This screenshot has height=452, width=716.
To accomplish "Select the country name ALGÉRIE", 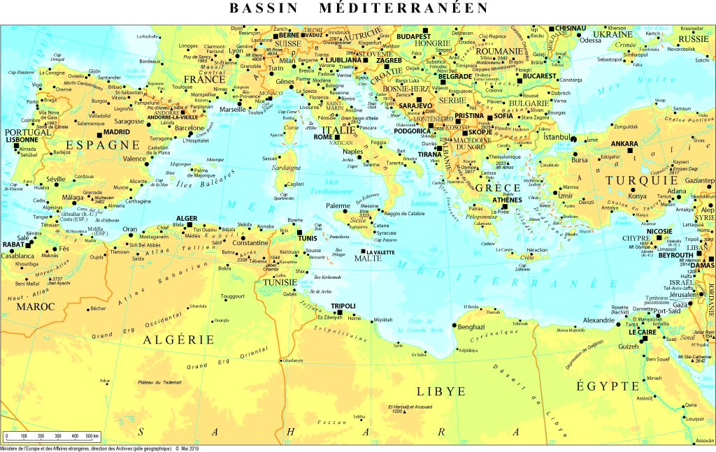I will pos(178,340).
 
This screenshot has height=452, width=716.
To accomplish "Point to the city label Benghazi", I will pos(472,326).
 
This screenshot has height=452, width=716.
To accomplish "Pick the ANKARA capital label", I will pos(605,144).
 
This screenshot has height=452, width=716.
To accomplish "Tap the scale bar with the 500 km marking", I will pos(52,436).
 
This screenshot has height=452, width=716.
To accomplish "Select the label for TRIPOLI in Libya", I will pos(343,306).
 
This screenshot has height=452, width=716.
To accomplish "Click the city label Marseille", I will pos(232,110).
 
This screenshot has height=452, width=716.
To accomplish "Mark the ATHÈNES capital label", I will pos(507,200).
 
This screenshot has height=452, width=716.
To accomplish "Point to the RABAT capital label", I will pos(13,245).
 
